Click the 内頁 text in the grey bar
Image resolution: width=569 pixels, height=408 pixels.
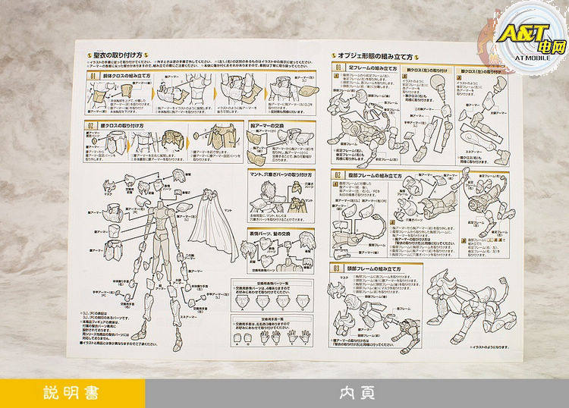click(357, 394)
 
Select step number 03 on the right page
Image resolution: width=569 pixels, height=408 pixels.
click(337, 268)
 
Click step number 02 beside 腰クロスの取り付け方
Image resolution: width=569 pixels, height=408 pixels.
click(90, 126)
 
